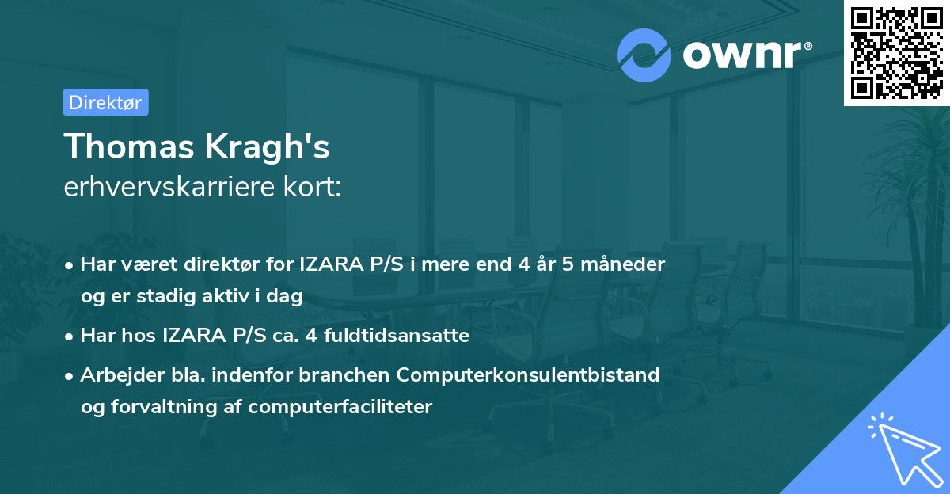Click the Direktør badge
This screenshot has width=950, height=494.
coord(105,102)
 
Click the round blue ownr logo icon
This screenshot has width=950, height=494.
coord(644,54)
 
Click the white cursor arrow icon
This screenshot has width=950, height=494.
coord(902,448)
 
